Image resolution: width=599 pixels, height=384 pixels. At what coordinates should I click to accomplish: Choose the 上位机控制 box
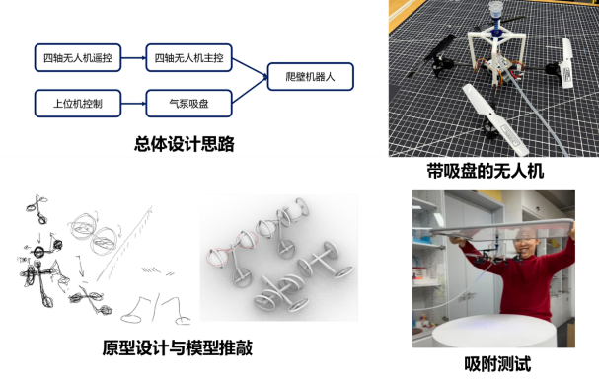75,101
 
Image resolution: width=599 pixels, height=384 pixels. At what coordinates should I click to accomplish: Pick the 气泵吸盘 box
189,101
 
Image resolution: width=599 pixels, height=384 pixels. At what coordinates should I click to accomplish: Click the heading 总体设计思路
185,144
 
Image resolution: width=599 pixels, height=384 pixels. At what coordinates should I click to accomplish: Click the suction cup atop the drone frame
494,12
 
